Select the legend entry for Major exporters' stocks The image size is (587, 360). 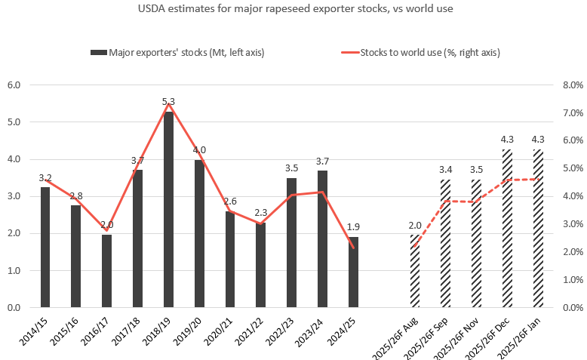(x=177, y=52)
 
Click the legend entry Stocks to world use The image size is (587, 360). (x=420, y=52)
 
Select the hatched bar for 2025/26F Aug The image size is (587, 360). (x=415, y=271)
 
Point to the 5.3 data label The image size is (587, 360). (x=169, y=101)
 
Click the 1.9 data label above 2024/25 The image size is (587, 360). (x=353, y=227)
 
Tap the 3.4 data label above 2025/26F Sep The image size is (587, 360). (x=445, y=171)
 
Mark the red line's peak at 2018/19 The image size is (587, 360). (x=169, y=103)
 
